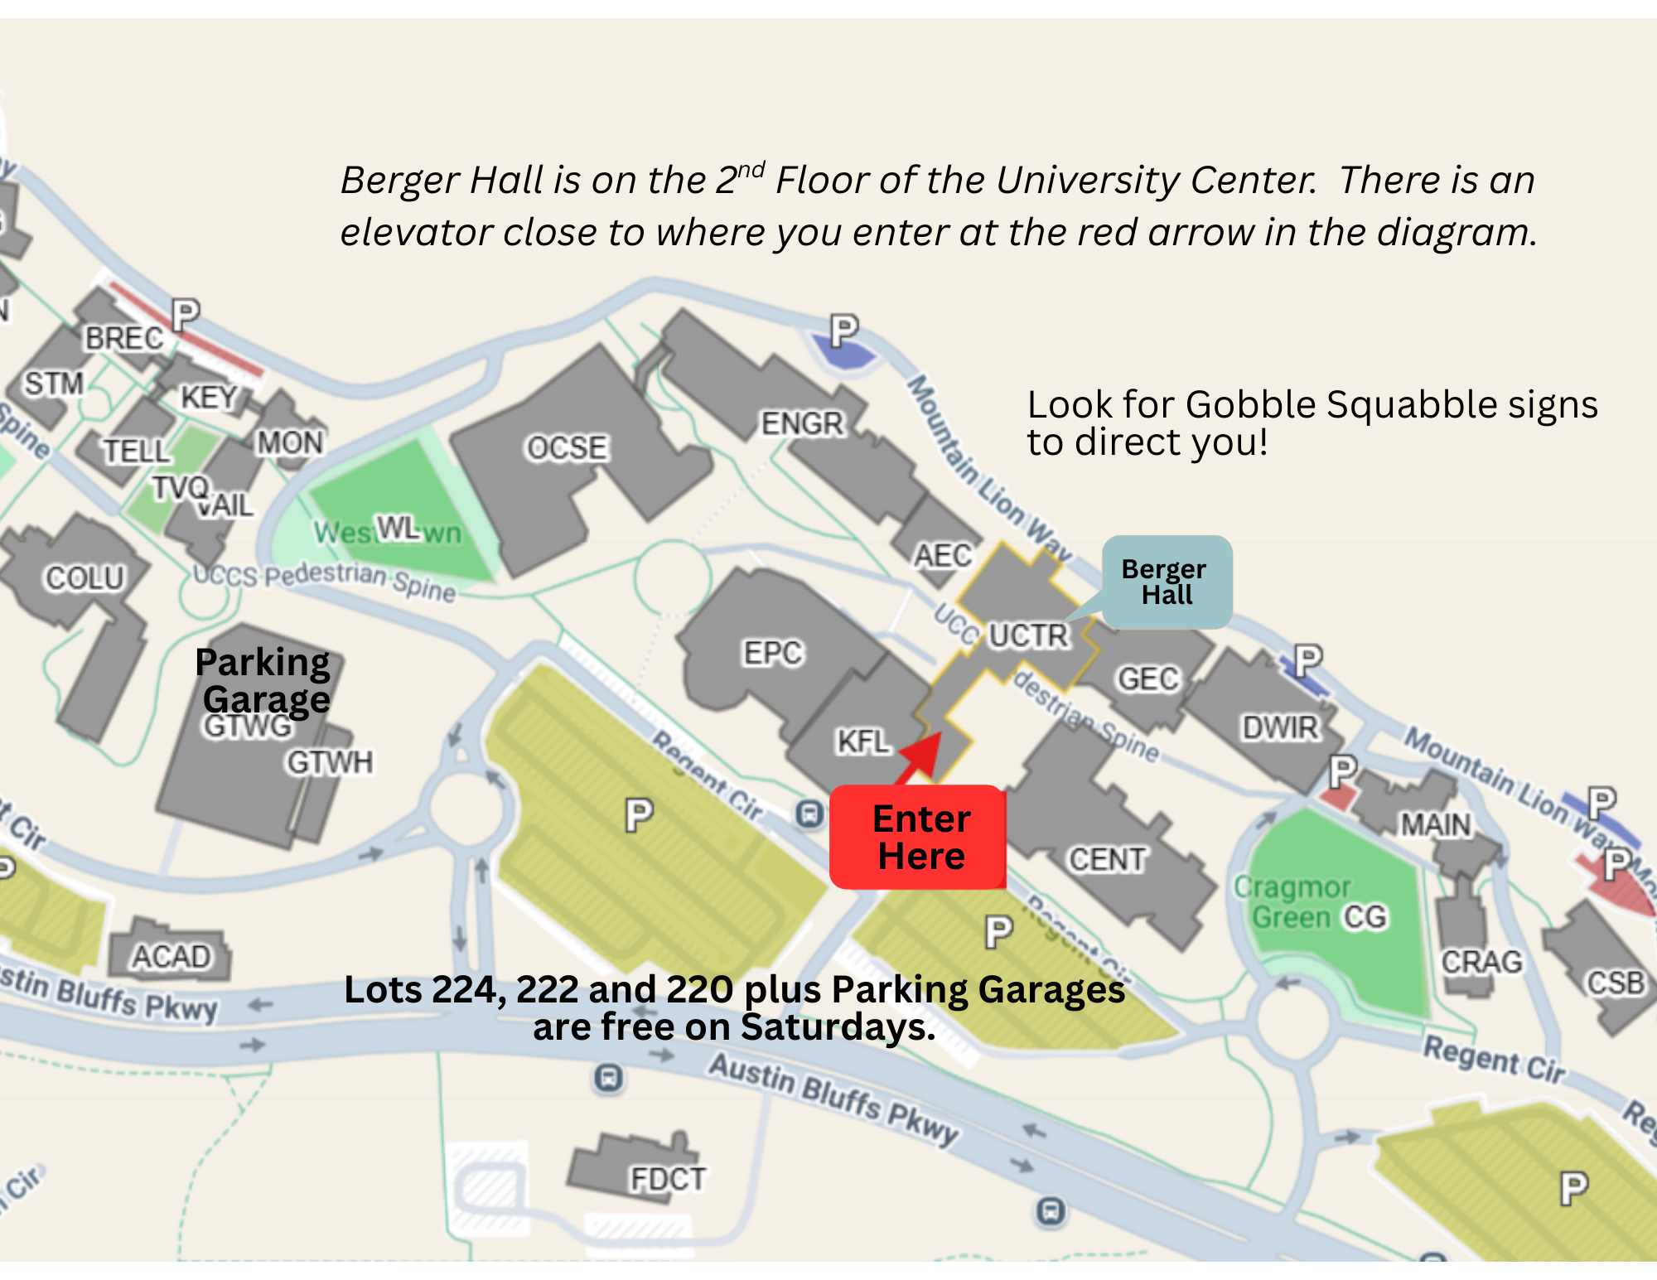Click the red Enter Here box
click(918, 837)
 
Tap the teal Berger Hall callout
click(1167, 582)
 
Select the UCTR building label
click(1029, 635)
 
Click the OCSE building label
click(568, 448)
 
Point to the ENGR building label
click(802, 423)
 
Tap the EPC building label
click(772, 653)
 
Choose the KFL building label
click(862, 741)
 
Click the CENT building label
click(1107, 859)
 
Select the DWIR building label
click(1279, 727)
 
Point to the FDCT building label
click(668, 1179)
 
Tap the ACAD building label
click(171, 957)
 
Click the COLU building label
click(85, 577)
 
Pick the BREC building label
click(124, 338)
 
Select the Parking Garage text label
click(263, 681)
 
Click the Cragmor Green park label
click(1292, 902)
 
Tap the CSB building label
click(1615, 983)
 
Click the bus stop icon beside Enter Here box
click(809, 814)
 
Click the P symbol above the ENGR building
click(843, 331)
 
